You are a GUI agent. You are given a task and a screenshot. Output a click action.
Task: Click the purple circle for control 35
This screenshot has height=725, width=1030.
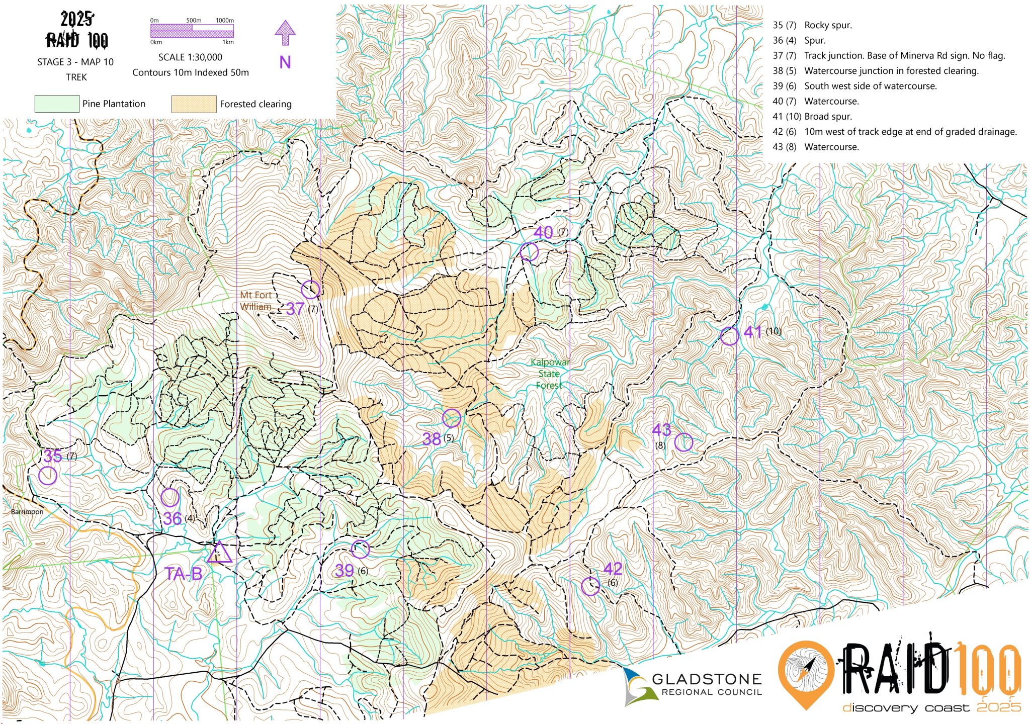point(48,475)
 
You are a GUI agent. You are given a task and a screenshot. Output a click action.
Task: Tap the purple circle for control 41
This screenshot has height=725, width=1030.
point(729,336)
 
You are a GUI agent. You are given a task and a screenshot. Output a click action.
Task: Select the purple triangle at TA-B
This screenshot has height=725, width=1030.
point(219,553)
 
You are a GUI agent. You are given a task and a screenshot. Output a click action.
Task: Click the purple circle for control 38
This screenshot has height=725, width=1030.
point(452,418)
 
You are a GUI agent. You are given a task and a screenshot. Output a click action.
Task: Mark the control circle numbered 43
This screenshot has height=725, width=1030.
point(683,442)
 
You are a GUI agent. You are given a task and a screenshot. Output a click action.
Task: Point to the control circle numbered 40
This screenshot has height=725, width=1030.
point(529,251)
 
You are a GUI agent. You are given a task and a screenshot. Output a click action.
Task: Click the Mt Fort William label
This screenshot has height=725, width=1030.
point(255,301)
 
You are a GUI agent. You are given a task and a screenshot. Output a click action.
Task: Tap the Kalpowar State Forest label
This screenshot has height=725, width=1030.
point(549,374)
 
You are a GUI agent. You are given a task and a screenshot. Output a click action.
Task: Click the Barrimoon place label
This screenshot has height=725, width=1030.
point(27,511)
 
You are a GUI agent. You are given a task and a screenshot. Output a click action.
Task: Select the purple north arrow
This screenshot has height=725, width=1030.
point(285,34)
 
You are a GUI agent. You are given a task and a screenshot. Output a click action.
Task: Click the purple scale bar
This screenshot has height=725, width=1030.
point(192,31)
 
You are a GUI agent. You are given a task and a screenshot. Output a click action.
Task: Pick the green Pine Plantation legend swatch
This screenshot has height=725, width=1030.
point(56,104)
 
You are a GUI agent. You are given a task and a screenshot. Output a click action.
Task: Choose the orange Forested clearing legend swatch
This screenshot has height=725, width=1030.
point(194,104)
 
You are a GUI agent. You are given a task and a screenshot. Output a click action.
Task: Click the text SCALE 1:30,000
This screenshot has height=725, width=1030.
point(190,57)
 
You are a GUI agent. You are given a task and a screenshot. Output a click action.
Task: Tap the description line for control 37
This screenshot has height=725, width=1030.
point(888,55)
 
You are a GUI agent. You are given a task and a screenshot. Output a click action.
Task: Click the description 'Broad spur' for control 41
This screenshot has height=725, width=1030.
point(828,116)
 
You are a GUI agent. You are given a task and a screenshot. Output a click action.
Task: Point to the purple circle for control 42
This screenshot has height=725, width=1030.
point(590,586)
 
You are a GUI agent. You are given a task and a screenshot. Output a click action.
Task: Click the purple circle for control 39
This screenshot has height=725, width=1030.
point(360,549)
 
